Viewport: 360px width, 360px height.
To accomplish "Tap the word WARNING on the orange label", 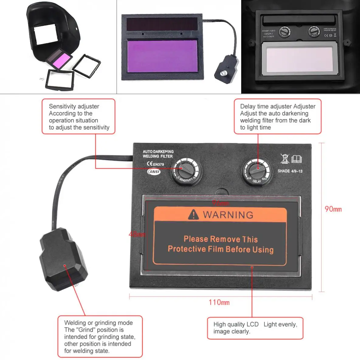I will (x=228, y=215).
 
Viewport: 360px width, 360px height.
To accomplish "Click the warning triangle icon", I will (x=193, y=214).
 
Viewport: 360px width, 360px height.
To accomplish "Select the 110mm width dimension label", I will (x=219, y=302).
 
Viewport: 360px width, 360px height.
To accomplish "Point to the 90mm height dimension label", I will (x=333, y=209).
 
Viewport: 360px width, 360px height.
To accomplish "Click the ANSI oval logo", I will (x=154, y=172).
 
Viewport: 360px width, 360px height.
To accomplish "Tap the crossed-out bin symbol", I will (x=285, y=159).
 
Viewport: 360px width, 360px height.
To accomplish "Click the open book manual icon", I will (x=297, y=159).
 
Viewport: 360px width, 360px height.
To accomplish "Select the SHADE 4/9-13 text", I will (x=290, y=171).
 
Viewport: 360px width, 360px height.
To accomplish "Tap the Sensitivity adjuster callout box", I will (x=78, y=117).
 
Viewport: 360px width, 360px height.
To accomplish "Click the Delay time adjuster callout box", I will (x=277, y=117).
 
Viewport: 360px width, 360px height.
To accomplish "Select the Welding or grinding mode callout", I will (x=100, y=337).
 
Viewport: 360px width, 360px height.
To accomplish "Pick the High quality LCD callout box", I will (x=255, y=328).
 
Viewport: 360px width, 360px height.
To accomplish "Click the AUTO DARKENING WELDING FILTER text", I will (x=158, y=154).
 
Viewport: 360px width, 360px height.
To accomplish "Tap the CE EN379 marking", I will (x=155, y=164).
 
